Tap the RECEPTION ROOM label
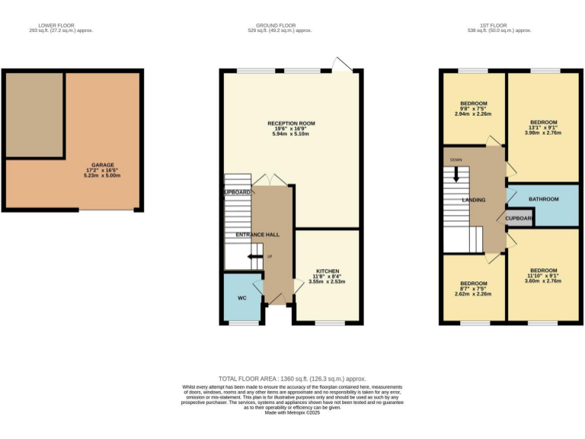[x=290, y=123]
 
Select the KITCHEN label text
[x=328, y=271]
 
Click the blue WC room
[x=241, y=297]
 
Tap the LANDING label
[x=474, y=200]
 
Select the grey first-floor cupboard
[x=519, y=217]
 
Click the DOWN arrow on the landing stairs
[x=456, y=173]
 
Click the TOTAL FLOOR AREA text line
[x=292, y=379]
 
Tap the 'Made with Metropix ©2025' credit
[x=292, y=412]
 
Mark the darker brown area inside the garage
[x=34, y=114]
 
